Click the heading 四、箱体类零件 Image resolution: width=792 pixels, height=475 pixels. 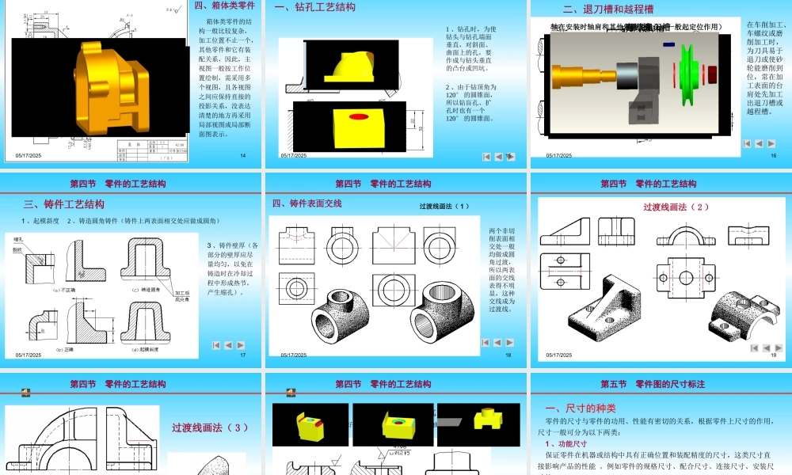click(x=225, y=6)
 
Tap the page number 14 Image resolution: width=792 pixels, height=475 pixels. click(x=243, y=155)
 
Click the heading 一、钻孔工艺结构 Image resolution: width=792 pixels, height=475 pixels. click(x=315, y=7)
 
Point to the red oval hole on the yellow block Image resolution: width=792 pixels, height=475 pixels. click(x=359, y=117)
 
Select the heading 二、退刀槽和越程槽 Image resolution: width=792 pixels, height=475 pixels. click(x=607, y=9)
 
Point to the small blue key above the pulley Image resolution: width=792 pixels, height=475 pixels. click(x=669, y=45)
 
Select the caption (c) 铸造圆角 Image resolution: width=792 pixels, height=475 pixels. click(x=146, y=290)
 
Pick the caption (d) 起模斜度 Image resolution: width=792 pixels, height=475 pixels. click(x=146, y=349)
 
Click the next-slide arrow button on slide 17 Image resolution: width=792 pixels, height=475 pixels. click(x=240, y=345)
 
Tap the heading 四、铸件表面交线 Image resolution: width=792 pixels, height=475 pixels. click(x=307, y=203)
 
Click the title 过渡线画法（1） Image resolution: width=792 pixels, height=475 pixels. click(x=444, y=207)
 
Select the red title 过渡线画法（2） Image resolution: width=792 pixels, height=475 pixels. click(x=676, y=207)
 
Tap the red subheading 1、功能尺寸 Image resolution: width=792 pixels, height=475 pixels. click(x=565, y=444)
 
